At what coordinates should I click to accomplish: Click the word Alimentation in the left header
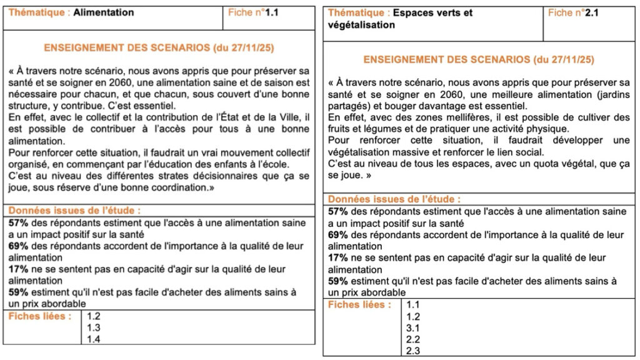point(103,12)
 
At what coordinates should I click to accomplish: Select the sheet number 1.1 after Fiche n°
point(272,12)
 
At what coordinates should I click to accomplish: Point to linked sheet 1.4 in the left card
point(94,339)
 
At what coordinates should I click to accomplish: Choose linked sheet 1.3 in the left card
point(94,327)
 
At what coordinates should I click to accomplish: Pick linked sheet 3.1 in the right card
point(413,327)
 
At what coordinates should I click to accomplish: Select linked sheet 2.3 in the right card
point(413,351)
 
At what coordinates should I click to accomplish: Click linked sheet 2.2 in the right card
point(413,339)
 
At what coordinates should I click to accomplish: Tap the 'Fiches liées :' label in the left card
point(39,316)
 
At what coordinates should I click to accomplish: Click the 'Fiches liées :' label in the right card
point(359,304)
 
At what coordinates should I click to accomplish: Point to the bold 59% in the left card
point(18,292)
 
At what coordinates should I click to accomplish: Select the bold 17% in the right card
point(338,257)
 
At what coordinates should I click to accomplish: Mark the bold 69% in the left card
point(18,246)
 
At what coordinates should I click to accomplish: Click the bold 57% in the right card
point(338,212)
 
